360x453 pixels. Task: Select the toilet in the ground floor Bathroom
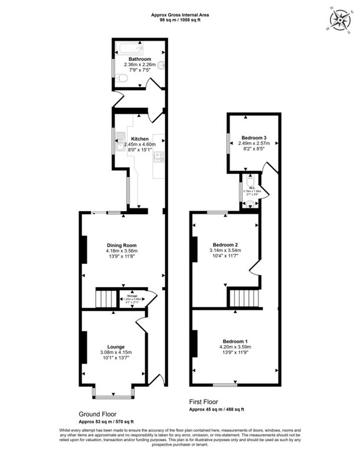[x=122, y=77]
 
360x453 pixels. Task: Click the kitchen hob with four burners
[x=158, y=156]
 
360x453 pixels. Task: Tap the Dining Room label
[x=122, y=245]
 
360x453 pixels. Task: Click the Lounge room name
[x=115, y=347]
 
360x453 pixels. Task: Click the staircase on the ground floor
[x=106, y=298]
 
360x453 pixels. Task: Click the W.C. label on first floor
[x=251, y=186]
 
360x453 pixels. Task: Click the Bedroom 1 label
[x=235, y=342]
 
